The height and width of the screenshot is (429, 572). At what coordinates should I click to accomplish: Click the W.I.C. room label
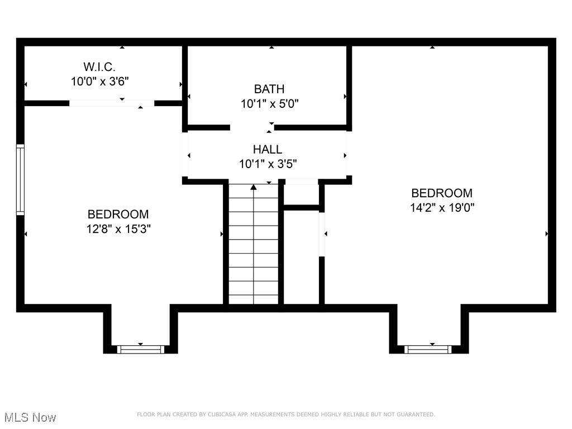coord(101,67)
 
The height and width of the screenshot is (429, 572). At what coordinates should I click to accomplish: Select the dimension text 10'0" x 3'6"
coord(101,82)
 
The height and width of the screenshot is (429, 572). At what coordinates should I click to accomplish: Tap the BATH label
coord(269,89)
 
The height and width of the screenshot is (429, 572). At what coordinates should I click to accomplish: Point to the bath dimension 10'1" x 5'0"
coord(269,103)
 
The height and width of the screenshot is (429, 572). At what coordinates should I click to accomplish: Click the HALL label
coord(268,149)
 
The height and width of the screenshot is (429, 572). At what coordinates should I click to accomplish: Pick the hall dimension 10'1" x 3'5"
coord(268,164)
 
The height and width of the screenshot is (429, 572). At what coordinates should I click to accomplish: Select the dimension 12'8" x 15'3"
coord(118,228)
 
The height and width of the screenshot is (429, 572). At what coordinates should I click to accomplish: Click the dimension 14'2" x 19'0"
coord(442,208)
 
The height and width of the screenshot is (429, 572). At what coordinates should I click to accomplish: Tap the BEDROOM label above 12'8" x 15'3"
coord(118,214)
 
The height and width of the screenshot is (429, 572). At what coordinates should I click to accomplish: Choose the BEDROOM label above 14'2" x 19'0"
coord(442,193)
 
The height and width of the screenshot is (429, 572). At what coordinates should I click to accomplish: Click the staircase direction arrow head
coord(254,187)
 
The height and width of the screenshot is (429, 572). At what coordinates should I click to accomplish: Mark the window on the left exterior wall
coord(21,179)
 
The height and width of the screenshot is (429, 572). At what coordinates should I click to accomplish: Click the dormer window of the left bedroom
coord(140,349)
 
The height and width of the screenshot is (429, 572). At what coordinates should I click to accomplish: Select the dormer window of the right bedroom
coord(428,349)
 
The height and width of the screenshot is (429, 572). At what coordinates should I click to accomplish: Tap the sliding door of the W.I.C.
coord(112,103)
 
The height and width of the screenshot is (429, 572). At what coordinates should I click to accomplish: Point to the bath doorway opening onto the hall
coord(252,127)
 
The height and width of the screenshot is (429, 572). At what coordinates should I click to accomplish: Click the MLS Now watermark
coord(30,417)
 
